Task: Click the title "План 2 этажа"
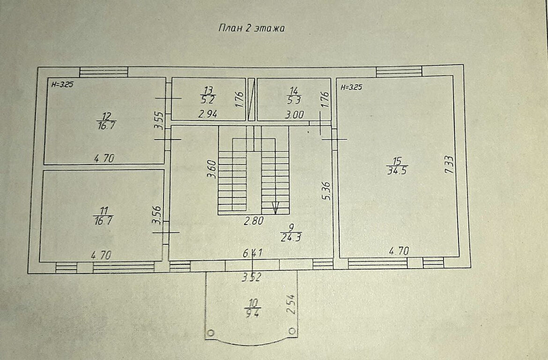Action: point(251,28)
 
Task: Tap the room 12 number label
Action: point(106,116)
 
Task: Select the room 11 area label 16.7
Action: point(103,221)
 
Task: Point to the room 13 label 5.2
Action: point(208,100)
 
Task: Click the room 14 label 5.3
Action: point(294,100)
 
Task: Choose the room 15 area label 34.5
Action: point(397,171)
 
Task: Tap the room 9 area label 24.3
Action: point(291,238)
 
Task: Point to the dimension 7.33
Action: point(450,165)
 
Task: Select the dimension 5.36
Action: point(326,191)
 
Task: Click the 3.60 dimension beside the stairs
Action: point(211,169)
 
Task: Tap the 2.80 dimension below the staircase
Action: point(254,221)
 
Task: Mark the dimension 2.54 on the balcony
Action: point(291,305)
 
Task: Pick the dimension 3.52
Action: point(252,277)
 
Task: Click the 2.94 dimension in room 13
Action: point(208,114)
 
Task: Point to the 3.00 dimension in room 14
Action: point(294,114)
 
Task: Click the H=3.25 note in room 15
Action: point(351,88)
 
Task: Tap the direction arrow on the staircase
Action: point(275,208)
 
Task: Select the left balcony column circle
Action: point(210,333)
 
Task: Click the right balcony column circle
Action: point(292,330)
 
